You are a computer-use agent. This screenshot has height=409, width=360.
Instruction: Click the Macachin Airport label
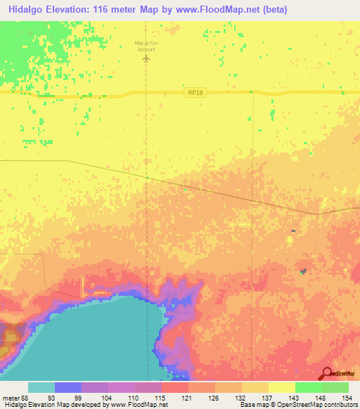click(x=146, y=46)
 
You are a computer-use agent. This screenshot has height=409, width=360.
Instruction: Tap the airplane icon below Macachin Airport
click(x=146, y=58)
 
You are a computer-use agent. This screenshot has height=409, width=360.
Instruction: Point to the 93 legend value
click(x=51, y=398)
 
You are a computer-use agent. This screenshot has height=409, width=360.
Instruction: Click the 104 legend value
click(x=106, y=398)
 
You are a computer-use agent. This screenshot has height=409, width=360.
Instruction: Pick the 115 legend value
click(x=160, y=398)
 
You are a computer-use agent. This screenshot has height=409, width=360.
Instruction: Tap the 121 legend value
click(x=187, y=398)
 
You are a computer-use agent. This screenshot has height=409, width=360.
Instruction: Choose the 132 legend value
click(x=240, y=398)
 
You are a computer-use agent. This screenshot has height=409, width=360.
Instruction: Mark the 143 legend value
click(x=294, y=398)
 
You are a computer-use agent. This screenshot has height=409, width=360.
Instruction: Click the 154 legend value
click(x=347, y=398)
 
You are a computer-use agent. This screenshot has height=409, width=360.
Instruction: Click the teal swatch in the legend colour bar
click(x=41, y=387)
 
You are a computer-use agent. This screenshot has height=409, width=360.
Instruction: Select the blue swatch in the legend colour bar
click(x=68, y=387)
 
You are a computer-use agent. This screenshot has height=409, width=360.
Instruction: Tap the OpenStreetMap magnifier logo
click(x=327, y=373)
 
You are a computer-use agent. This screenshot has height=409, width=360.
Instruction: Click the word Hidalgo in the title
click(x=28, y=9)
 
